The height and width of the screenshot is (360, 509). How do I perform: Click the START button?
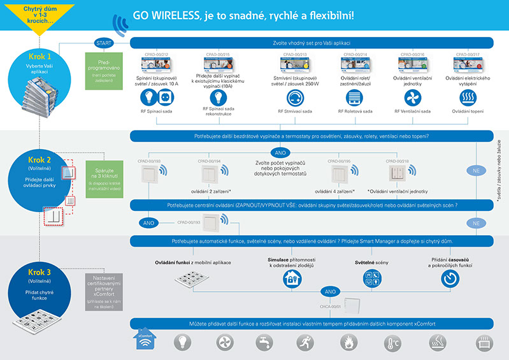tap(103, 43)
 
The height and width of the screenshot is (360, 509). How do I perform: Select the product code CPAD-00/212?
tap(156, 55)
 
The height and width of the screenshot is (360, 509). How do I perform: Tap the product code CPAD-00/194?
tap(210, 161)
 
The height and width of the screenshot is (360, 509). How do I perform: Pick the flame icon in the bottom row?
tap(347, 343)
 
